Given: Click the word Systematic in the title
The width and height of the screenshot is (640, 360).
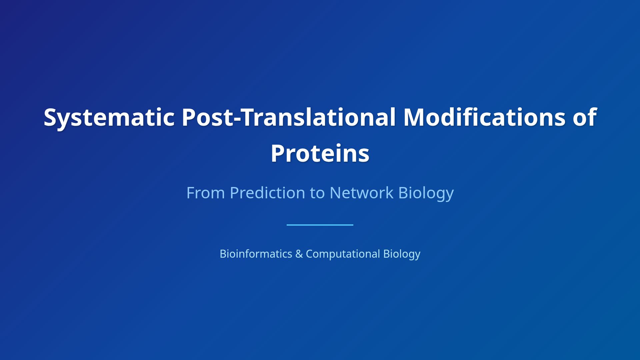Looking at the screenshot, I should pyautogui.click(x=109, y=117).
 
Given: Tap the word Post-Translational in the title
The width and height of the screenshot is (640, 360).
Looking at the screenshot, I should pyautogui.click(x=289, y=117).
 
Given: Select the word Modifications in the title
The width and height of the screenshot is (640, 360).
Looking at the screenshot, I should pyautogui.click(x=484, y=117).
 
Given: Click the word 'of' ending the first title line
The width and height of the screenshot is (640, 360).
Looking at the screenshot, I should pyautogui.click(x=585, y=117).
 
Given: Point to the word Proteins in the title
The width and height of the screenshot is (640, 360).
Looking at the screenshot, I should pyautogui.click(x=320, y=153).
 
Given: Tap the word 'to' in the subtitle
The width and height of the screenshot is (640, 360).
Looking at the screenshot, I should pyautogui.click(x=317, y=193).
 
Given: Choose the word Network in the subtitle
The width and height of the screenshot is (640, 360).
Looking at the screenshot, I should pyautogui.click(x=361, y=193).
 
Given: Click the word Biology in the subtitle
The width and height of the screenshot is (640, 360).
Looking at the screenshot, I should pyautogui.click(x=426, y=193).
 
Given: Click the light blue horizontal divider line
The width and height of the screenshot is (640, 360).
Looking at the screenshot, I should pyautogui.click(x=320, y=225).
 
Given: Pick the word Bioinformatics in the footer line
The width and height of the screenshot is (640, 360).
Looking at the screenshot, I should pyautogui.click(x=256, y=254).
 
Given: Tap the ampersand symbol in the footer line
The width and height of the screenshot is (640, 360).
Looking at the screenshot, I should pyautogui.click(x=299, y=254).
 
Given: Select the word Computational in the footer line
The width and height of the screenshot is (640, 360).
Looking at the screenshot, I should pyautogui.click(x=343, y=254).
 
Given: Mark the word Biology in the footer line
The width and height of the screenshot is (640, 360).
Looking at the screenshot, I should pyautogui.click(x=402, y=254).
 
